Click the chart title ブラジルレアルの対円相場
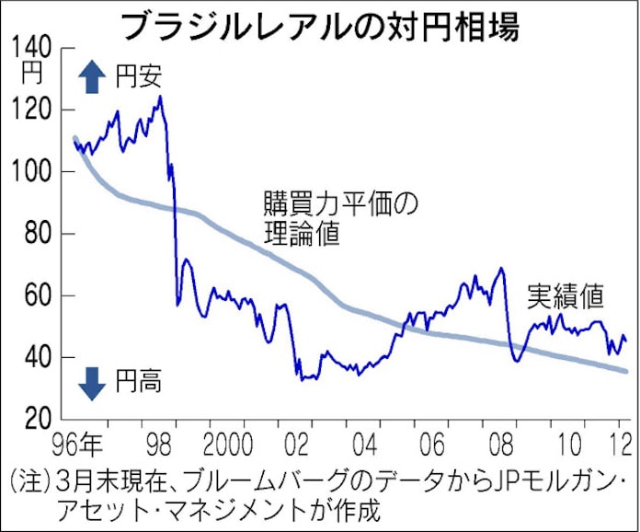click(x=320, y=25)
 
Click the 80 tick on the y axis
click(x=37, y=234)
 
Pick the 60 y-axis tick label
click(x=37, y=295)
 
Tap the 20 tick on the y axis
click(x=37, y=419)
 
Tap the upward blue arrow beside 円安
click(x=91, y=78)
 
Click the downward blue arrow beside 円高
click(x=91, y=382)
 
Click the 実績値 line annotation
click(x=565, y=296)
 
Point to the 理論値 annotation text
click(x=300, y=236)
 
